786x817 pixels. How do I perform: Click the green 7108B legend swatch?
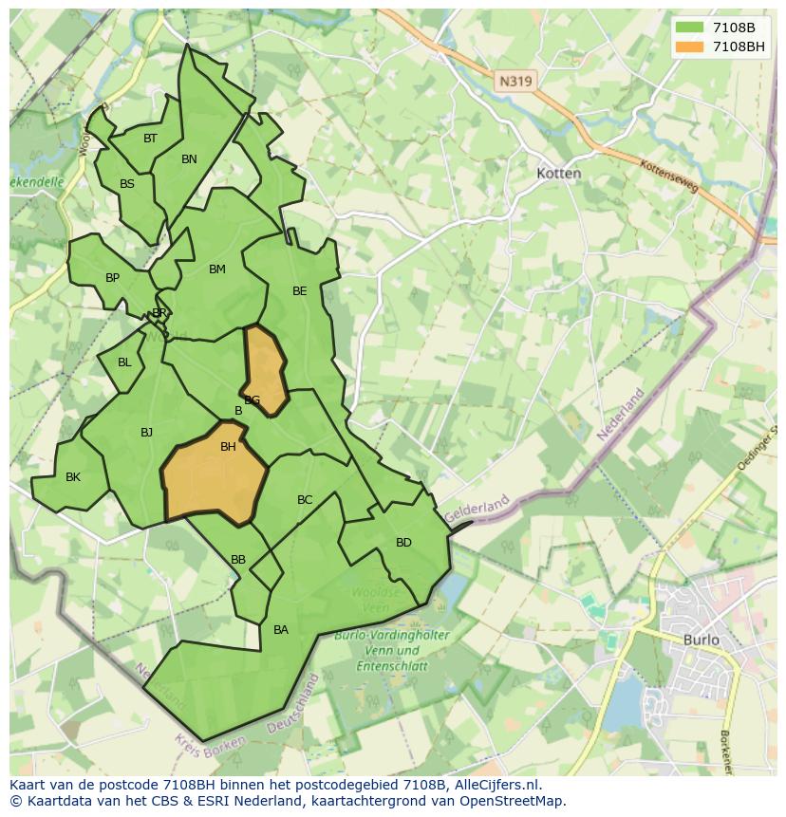coord(689,28)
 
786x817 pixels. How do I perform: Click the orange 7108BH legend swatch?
coord(689,46)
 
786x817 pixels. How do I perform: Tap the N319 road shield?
coord(515,82)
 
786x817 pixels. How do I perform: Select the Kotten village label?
coord(558,174)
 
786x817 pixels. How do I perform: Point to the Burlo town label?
coord(702,640)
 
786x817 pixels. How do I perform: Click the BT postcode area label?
coord(150,139)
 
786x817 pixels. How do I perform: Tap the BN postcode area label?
coord(189,159)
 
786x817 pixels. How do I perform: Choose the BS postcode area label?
coord(127,184)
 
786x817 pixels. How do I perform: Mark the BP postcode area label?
coord(112,278)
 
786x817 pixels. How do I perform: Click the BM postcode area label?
coord(217,269)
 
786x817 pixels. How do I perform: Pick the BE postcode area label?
coord(300,291)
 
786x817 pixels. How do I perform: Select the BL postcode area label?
coord(124,362)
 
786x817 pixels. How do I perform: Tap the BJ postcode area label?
coord(146,433)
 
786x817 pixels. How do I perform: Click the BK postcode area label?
coord(73,477)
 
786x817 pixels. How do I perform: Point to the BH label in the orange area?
coord(228,447)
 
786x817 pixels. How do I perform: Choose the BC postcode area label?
coord(305,500)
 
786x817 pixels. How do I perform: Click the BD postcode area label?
coord(403,543)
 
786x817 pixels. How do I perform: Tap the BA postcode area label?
coord(281,630)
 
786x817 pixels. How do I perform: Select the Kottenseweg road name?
coord(669,176)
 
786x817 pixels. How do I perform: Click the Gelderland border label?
coord(477,507)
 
